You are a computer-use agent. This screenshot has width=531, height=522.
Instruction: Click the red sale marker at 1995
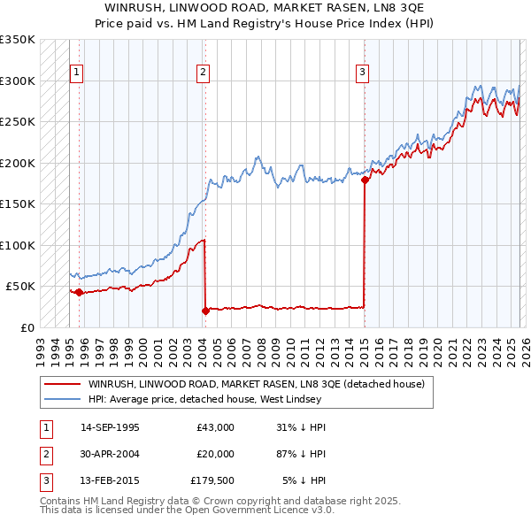pyautogui.click(x=79, y=292)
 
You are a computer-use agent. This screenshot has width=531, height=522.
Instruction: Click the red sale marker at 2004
pyautogui.click(x=205, y=311)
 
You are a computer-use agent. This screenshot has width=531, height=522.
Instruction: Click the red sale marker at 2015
pyautogui.click(x=365, y=180)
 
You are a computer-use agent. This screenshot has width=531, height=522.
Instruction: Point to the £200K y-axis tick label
pyautogui.click(x=17, y=163)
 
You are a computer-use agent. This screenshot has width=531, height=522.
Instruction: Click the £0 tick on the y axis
pyautogui.click(x=27, y=327)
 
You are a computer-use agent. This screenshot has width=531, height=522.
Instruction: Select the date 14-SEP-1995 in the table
pyautogui.click(x=110, y=427)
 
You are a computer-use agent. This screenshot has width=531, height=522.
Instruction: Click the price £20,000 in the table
pyautogui.click(x=215, y=453)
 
